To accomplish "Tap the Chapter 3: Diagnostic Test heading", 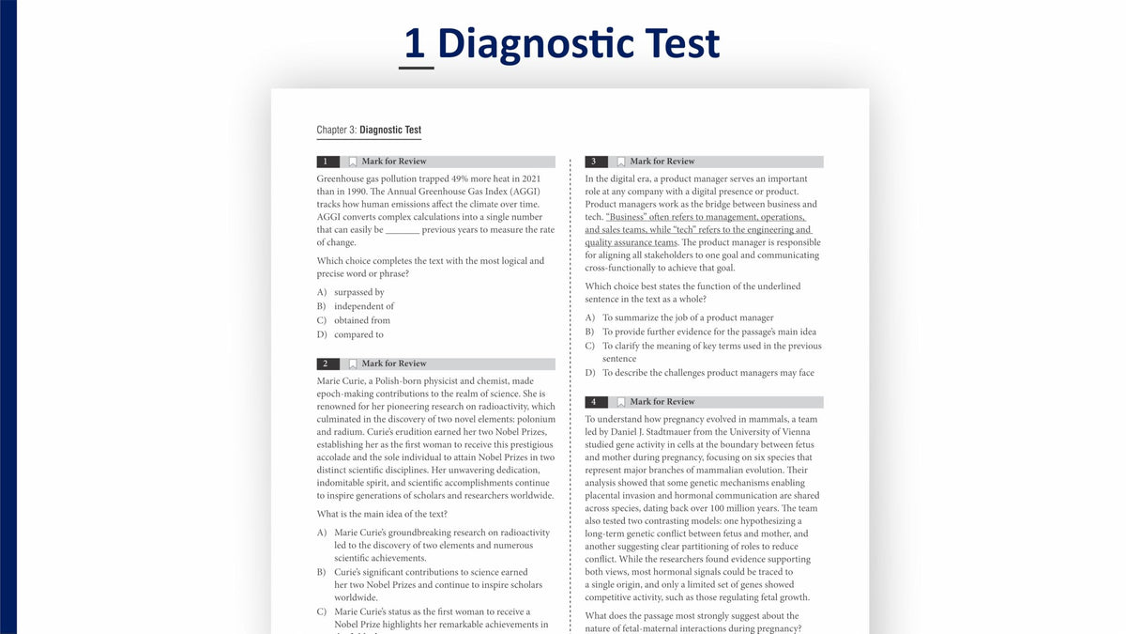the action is click(x=369, y=130).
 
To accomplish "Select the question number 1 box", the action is click(x=327, y=162).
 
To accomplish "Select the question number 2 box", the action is click(x=327, y=363).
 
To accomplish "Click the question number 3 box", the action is click(x=596, y=162).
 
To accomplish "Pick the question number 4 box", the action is click(x=596, y=402).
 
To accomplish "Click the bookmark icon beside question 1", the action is click(x=353, y=162).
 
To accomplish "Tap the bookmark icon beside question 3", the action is click(x=621, y=162).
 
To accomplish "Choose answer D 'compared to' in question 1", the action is click(x=350, y=334).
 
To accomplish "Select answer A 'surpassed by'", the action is click(x=351, y=292).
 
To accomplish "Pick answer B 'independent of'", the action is click(x=356, y=306).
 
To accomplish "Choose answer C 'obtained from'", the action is click(x=354, y=320).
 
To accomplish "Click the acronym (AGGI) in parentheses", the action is click(x=525, y=192).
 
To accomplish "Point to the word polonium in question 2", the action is click(x=536, y=420).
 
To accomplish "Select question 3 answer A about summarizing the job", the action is click(x=679, y=318).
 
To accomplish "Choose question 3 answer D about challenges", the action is click(x=700, y=373).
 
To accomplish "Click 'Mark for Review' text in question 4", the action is click(x=662, y=402).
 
